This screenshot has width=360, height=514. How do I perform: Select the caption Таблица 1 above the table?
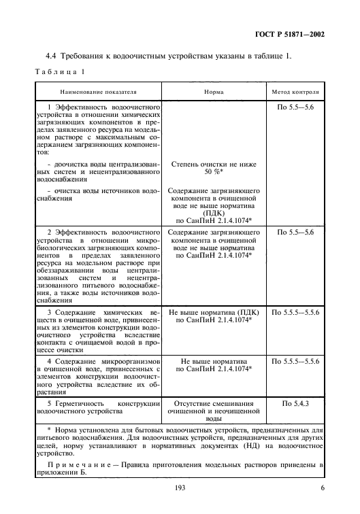(58, 72)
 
